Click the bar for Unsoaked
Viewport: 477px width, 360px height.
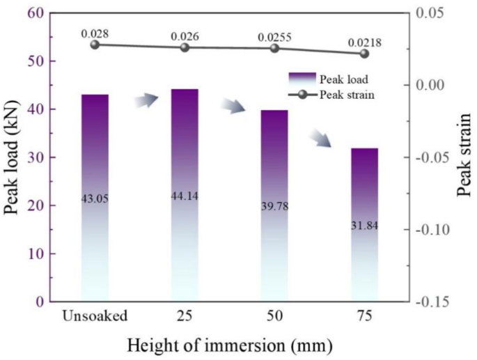coord(95,198)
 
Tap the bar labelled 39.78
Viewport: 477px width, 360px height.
coord(274,205)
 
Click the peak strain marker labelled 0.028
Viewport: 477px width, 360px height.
coord(95,45)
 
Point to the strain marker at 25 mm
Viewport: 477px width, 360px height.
coord(185,47)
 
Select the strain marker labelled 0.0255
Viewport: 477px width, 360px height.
coord(274,48)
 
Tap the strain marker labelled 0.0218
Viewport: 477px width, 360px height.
coord(364,54)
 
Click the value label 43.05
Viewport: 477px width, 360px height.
coord(95,198)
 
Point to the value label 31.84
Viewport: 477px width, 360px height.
coord(364,226)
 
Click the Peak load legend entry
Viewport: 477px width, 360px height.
coord(326,79)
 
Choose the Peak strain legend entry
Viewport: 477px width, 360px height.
coord(326,95)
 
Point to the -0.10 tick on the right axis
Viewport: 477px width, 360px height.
coord(436,230)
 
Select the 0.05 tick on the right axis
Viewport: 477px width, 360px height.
coord(433,13)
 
